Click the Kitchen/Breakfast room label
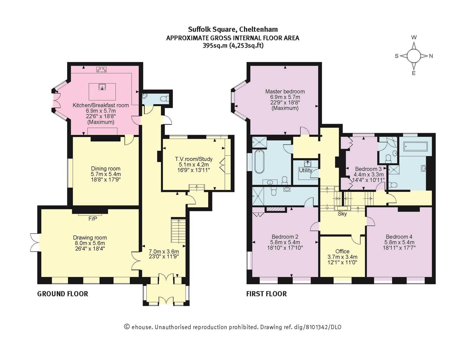[101, 105]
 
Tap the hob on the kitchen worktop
[102, 70]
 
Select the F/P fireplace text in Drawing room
[92, 219]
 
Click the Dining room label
[106, 169]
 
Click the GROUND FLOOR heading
[63, 294]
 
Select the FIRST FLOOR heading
[266, 294]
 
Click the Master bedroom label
[285, 92]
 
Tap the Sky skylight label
[342, 214]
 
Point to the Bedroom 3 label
[369, 169]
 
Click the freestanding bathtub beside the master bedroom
[259, 162]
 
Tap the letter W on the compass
[414, 37]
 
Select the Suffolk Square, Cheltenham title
[233, 29]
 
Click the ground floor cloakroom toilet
[165, 97]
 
